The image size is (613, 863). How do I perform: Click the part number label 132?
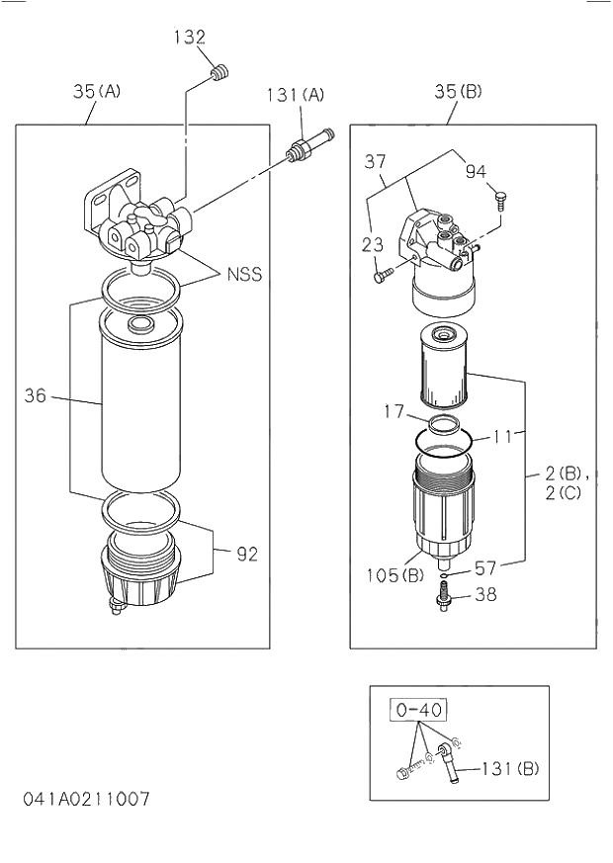click(189, 38)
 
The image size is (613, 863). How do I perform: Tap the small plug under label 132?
click(220, 72)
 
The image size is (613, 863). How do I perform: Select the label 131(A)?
click(295, 95)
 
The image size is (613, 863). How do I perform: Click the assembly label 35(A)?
click(97, 91)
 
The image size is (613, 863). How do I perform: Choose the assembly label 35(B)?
click(458, 92)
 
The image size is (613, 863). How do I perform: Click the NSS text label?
click(245, 274)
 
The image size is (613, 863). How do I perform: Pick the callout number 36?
click(36, 397)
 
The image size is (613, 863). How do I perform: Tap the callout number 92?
click(246, 555)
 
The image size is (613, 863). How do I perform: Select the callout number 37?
click(375, 161)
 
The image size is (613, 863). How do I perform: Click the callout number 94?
click(477, 171)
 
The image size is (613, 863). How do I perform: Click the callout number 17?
click(394, 411)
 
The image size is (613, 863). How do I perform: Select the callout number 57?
click(485, 567)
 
